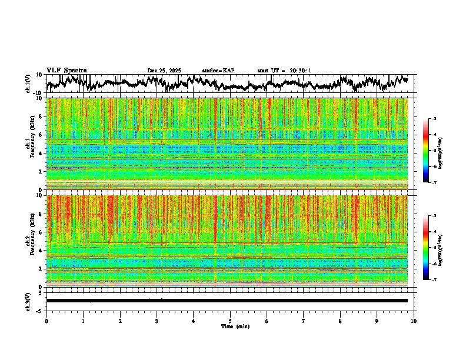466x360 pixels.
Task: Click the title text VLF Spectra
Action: click(x=66, y=70)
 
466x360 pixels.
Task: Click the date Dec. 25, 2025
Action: click(x=164, y=71)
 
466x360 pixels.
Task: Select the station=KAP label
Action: click(x=218, y=71)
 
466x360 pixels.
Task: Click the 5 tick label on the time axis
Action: click(x=230, y=321)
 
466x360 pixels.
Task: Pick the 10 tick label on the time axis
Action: click(x=414, y=321)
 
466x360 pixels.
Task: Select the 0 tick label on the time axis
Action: click(x=46, y=321)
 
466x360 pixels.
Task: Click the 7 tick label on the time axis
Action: click(x=304, y=321)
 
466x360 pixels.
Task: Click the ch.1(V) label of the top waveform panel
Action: click(x=28, y=84)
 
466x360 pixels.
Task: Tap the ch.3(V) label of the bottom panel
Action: click(x=28, y=300)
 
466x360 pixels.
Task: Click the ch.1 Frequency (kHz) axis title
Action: click(x=30, y=143)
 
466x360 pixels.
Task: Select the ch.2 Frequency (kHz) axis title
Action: click(x=30, y=240)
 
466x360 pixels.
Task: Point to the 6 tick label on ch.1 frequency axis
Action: click(x=41, y=135)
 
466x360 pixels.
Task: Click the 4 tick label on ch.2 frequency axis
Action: click(x=41, y=250)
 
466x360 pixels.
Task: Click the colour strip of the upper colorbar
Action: click(x=426, y=151)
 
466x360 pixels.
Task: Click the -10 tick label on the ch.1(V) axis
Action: click(x=37, y=93)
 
